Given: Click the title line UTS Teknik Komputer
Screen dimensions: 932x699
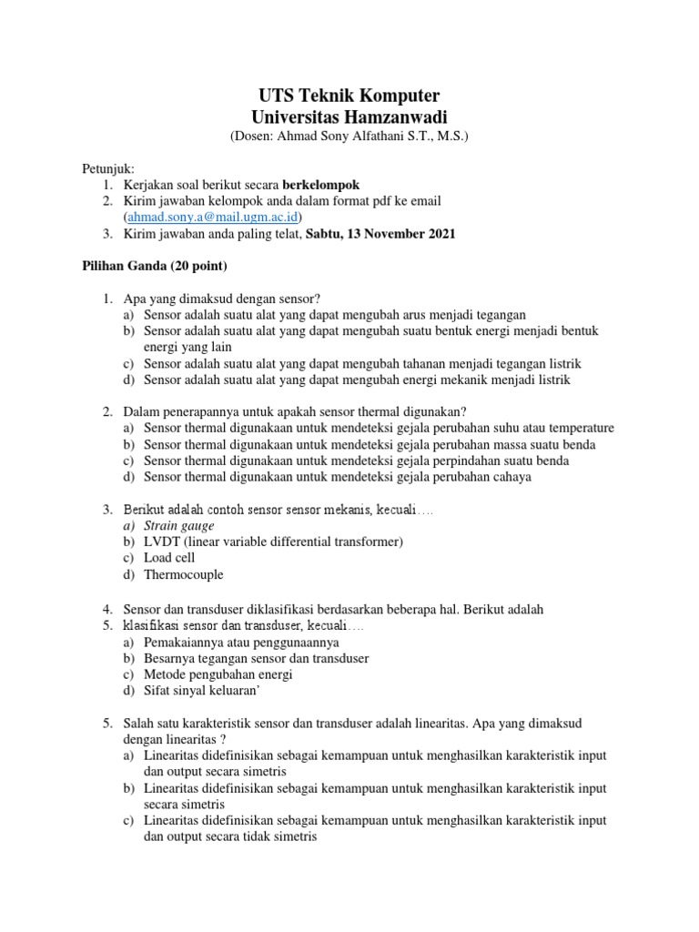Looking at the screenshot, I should [349, 96].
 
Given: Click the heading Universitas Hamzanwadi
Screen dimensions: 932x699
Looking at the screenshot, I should [349, 116].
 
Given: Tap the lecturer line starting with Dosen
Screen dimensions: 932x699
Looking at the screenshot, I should [349, 137].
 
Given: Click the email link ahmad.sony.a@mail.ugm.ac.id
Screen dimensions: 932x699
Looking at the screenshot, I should [214, 217].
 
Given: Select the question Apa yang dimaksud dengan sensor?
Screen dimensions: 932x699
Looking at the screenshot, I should [223, 299].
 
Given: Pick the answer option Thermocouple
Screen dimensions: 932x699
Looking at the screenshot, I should [183, 574].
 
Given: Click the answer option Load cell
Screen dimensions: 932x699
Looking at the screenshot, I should [169, 558].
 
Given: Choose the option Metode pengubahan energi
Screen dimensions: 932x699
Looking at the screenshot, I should [218, 674].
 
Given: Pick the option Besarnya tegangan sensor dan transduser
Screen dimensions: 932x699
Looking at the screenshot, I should [256, 658].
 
